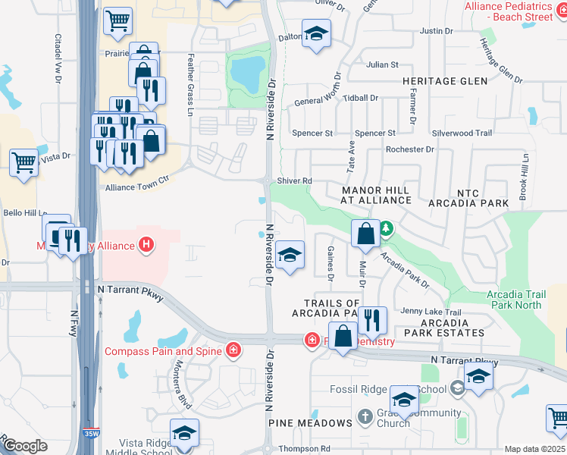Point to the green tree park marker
click(x=386, y=227)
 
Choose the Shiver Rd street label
click(x=295, y=180)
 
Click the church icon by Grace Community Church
click(x=365, y=417)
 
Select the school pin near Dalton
click(x=316, y=33)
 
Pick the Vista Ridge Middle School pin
click(x=184, y=434)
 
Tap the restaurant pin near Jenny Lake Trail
click(x=372, y=319)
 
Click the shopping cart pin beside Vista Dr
click(x=23, y=162)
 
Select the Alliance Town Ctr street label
click(x=136, y=187)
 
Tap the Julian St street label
click(x=382, y=65)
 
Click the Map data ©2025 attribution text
click(x=534, y=449)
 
